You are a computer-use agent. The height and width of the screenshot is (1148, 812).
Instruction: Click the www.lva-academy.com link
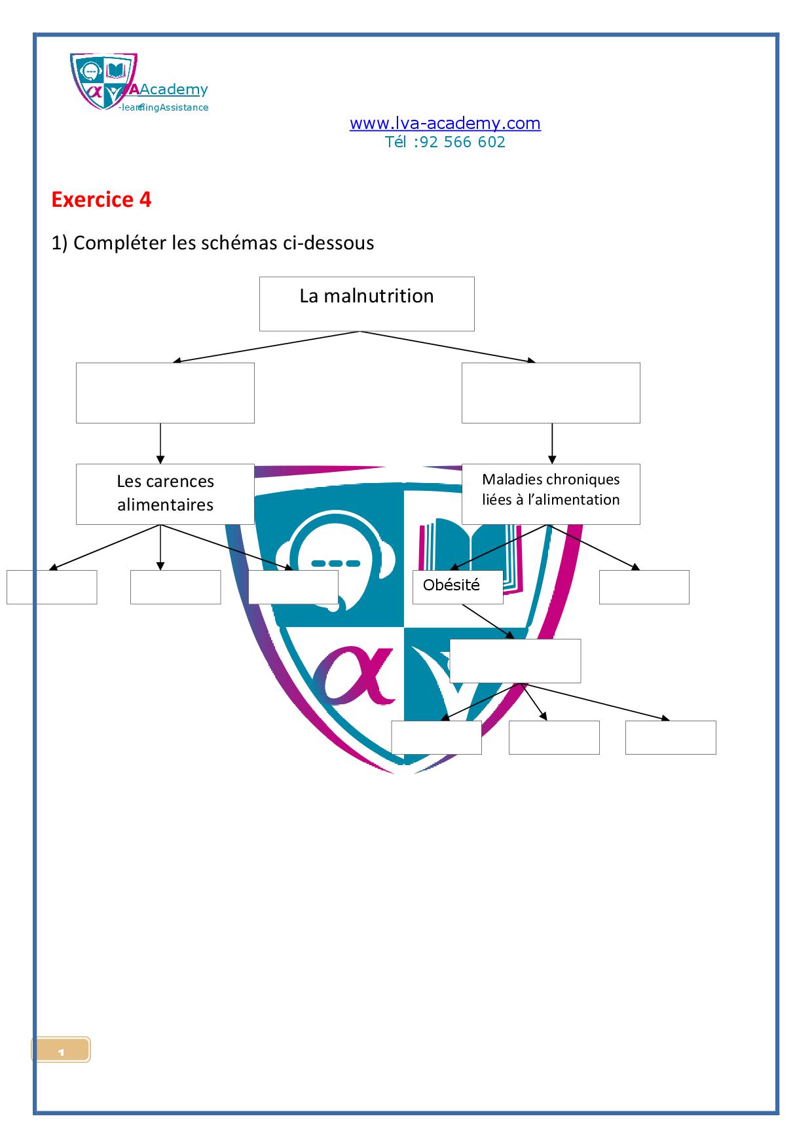click(445, 123)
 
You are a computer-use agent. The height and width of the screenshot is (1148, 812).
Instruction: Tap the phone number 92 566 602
click(462, 142)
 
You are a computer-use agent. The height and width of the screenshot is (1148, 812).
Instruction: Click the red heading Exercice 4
click(101, 200)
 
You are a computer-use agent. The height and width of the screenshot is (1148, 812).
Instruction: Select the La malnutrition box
click(367, 304)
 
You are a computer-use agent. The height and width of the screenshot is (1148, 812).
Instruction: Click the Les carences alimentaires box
click(165, 494)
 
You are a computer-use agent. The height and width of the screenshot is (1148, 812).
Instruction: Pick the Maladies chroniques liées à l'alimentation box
click(551, 494)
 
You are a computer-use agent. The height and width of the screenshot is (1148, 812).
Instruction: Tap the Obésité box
click(458, 587)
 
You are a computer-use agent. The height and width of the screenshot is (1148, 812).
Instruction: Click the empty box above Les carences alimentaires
click(165, 393)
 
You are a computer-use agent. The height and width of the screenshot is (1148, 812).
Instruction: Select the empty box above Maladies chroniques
click(551, 393)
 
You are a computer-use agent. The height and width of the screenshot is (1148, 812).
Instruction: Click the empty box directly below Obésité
click(515, 661)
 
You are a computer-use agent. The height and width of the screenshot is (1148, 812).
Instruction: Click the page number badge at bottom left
click(61, 1050)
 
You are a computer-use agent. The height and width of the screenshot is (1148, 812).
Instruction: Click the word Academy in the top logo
click(174, 90)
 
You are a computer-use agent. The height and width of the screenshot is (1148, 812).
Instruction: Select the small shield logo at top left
click(103, 81)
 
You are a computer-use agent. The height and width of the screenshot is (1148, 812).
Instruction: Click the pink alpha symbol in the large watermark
click(354, 675)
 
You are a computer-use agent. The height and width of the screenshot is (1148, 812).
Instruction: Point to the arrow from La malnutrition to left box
click(266, 346)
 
